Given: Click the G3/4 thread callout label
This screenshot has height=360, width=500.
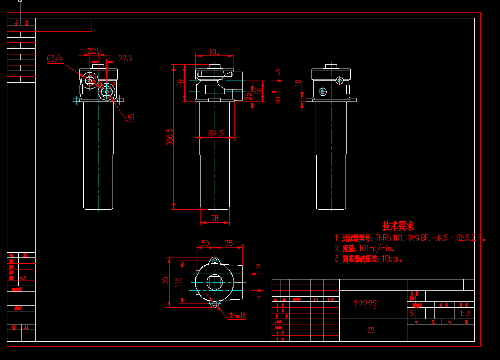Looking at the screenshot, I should (x=54, y=59).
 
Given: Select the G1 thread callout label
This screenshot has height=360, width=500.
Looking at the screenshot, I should (x=131, y=117).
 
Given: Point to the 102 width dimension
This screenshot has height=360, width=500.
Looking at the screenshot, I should (x=215, y=52).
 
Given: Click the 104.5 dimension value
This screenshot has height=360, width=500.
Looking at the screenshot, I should (x=215, y=134).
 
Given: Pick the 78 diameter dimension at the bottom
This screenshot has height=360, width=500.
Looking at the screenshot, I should (x=215, y=219).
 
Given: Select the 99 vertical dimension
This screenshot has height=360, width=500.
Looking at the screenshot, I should (x=180, y=83).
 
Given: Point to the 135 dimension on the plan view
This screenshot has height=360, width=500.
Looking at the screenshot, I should (x=165, y=282).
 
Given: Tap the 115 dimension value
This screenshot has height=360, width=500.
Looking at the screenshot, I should (x=178, y=282).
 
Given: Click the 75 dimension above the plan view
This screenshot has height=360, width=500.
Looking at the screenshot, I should (x=228, y=243).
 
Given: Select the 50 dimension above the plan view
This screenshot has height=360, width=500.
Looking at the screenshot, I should (x=205, y=243).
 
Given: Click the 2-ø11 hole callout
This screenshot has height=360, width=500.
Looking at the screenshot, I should (x=237, y=316).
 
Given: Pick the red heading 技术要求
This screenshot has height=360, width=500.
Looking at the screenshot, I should (x=398, y=226).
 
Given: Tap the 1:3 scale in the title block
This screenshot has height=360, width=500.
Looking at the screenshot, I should (x=464, y=313).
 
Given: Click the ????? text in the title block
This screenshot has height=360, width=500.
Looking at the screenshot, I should (x=365, y=304).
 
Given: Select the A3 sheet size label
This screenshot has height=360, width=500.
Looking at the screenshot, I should (x=23, y=278).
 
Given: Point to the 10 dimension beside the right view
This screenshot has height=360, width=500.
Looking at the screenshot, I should (x=298, y=83).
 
